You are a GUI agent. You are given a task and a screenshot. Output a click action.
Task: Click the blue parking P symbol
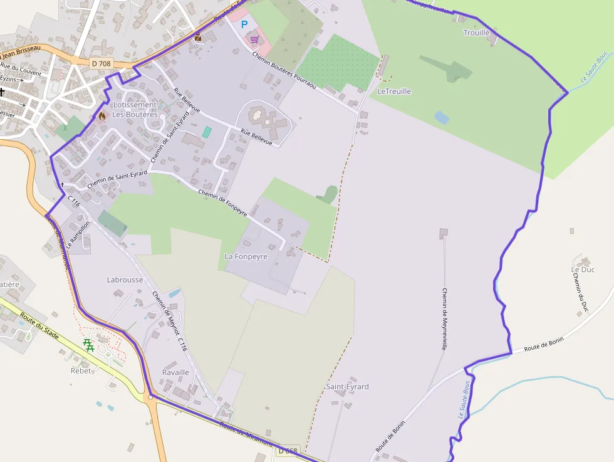[244, 24]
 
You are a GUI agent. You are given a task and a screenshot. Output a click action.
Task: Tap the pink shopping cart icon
[254, 39]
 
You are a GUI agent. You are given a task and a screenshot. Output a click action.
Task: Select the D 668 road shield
[288, 451]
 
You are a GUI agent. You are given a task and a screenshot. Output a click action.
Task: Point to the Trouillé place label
[476, 33]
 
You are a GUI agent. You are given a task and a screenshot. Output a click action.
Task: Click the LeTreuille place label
[394, 92]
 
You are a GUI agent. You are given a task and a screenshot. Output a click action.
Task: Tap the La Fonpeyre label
[246, 256]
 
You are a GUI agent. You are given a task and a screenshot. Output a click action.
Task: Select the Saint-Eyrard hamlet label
[347, 387]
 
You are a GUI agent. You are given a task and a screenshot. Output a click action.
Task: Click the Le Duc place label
[583, 270]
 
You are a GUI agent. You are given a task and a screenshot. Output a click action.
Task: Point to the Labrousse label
[125, 280]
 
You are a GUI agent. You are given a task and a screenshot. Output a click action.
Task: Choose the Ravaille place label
[175, 372]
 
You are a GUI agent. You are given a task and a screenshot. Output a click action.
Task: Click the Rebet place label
[81, 370]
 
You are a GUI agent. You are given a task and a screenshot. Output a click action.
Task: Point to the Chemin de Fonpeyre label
[222, 203]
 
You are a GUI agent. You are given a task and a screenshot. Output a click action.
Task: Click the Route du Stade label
[39, 326]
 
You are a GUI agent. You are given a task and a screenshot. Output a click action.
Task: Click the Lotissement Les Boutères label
[135, 110]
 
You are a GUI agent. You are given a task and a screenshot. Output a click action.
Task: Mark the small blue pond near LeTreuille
[442, 117]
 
